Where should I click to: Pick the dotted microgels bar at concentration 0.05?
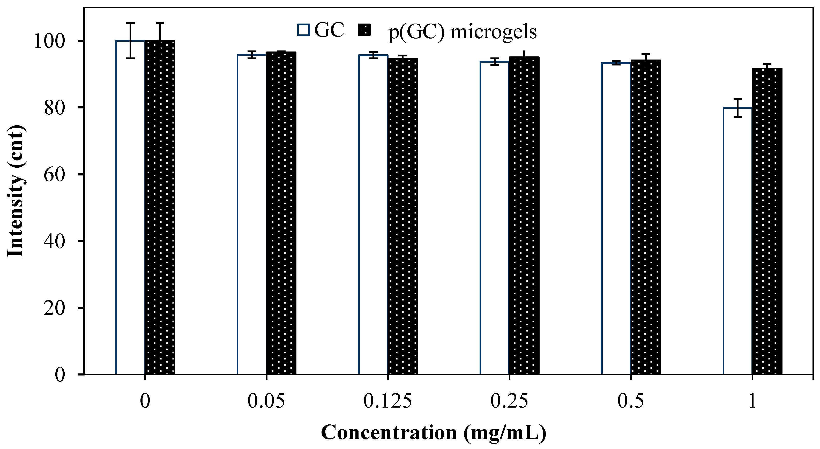point(281,213)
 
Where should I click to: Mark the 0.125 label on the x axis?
point(387,401)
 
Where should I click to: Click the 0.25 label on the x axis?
point(509,401)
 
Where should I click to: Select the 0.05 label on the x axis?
point(266,401)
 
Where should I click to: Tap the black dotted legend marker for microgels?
point(364,30)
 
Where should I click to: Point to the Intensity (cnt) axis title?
point(15,191)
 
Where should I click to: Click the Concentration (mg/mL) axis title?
point(434,433)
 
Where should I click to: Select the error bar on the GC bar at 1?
point(737,108)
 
